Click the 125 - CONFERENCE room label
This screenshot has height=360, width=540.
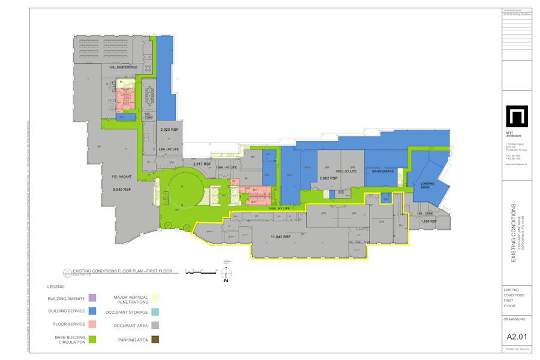124,67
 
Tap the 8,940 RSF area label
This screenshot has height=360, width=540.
122,189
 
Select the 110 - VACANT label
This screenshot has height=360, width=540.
121,176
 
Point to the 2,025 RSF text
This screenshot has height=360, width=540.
169,130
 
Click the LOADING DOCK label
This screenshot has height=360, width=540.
428,185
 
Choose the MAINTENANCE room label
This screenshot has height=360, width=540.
383,171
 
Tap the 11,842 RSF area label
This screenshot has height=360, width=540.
280,237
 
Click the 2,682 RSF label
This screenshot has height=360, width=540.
328,178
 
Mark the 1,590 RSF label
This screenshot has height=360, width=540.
429,221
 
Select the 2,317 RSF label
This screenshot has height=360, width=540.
202,164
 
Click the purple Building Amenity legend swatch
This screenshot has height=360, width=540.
92,298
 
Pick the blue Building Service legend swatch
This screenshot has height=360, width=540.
92,311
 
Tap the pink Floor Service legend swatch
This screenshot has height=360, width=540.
92,325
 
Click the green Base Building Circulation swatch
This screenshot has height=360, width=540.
92,340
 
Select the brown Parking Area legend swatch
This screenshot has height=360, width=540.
155,340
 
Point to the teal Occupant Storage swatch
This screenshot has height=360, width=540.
155,312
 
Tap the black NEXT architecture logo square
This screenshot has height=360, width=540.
517,116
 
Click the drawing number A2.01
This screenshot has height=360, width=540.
517,337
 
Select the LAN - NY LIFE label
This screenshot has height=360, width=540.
169,149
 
